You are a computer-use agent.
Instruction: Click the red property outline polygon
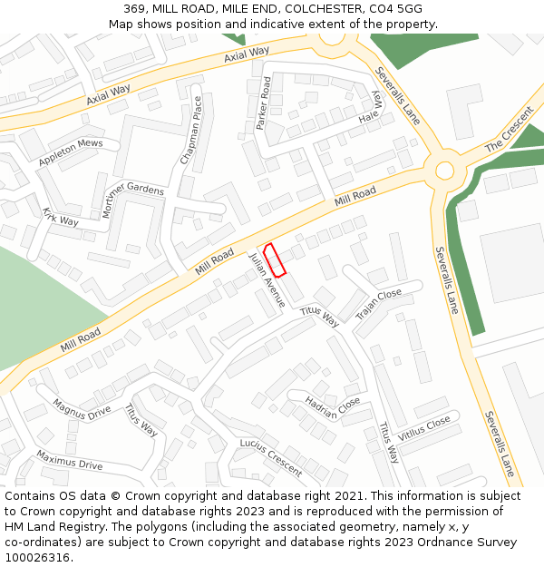(x=275, y=259)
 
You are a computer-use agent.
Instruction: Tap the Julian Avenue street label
(x=267, y=280)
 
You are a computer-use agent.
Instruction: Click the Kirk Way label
(x=61, y=217)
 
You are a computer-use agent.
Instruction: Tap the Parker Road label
(x=264, y=103)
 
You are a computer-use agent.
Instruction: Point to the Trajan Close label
(x=378, y=305)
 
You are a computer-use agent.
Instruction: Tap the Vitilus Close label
(x=423, y=428)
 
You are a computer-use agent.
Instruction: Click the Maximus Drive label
(x=70, y=459)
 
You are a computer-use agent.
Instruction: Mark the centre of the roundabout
(x=444, y=170)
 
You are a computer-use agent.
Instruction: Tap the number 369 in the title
(x=135, y=9)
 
